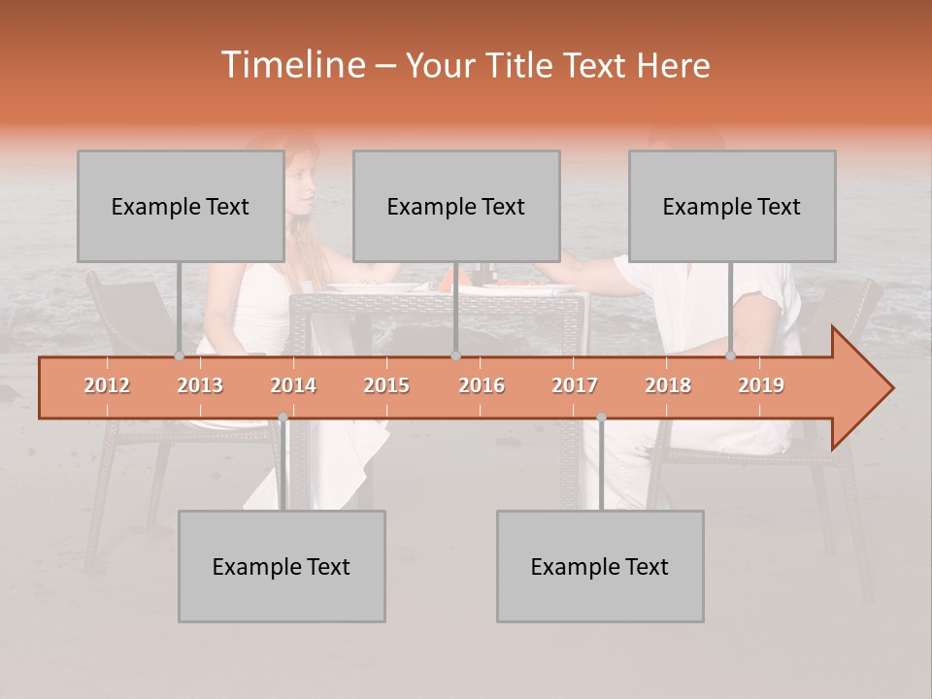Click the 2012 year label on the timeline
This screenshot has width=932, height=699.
[107, 385]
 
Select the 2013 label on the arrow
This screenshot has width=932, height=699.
[200, 385]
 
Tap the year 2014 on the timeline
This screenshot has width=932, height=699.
[293, 385]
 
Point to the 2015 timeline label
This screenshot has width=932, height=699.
[386, 385]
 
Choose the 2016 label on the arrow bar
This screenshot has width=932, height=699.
[482, 385]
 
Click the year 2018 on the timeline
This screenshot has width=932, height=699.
[668, 385]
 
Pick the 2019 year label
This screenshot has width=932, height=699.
[761, 385]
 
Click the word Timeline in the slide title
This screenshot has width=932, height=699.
[291, 65]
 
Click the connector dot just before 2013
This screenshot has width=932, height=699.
[179, 356]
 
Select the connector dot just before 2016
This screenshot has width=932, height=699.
[455, 356]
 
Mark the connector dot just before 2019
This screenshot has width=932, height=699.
[731, 356]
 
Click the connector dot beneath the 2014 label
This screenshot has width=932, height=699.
[283, 417]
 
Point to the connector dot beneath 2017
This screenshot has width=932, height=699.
[601, 417]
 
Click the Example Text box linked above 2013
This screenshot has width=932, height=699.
[180, 207]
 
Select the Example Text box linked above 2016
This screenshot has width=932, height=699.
[455, 207]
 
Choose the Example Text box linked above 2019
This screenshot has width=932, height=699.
[731, 207]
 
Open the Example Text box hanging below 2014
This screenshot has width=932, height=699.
[281, 567]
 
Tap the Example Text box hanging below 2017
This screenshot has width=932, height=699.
[599, 567]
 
